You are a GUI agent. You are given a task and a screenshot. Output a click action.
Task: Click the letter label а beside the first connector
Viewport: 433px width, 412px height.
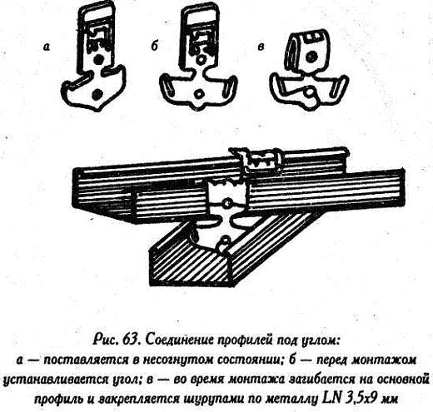pos(47,47)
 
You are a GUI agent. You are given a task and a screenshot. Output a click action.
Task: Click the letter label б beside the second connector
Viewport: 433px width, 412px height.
pos(154,47)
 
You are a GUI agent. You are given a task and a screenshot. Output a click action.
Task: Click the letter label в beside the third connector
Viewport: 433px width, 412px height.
pos(261,47)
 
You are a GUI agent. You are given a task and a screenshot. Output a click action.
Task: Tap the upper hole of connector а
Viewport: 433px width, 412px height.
pos(97,59)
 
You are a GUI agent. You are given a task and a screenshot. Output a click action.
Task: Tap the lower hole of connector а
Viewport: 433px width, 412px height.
pos(97,94)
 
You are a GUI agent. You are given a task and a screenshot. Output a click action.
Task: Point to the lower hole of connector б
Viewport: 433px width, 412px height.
pos(198,94)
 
